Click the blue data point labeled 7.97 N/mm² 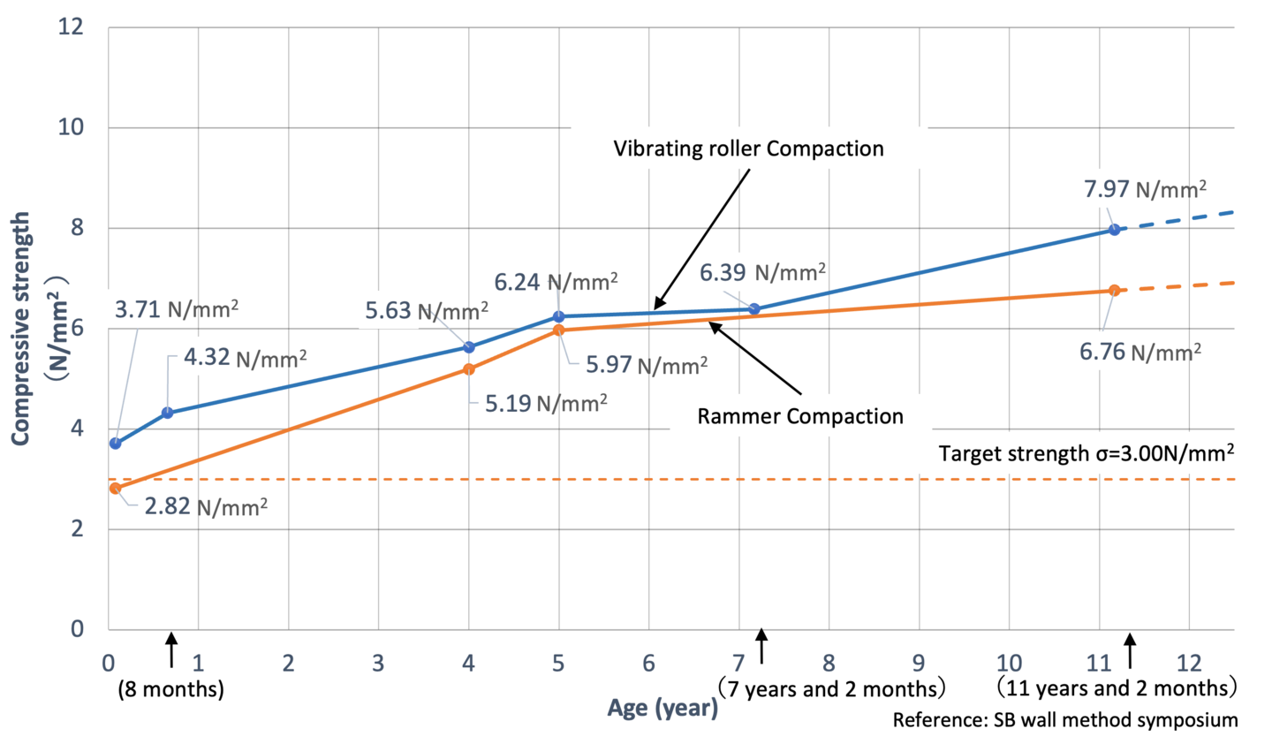1114,230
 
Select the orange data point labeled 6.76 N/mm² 1114,290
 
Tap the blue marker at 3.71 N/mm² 116,444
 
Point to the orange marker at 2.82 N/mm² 116,488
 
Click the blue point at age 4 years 469,347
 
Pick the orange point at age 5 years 558,330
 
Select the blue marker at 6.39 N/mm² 754,309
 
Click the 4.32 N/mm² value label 245,358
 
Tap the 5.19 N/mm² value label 546,404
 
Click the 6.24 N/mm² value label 556,282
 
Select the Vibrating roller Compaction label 748,148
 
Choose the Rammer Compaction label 800,416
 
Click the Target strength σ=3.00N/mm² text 1086,453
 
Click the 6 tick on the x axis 648,664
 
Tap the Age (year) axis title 662,708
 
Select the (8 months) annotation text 170,689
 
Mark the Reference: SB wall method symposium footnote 1064,720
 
